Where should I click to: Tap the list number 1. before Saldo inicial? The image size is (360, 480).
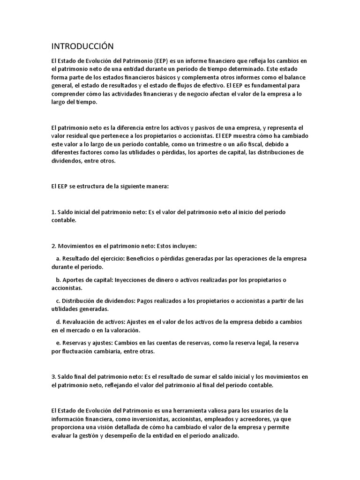pyautogui.click(x=53, y=212)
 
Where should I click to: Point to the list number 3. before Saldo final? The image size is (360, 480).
pyautogui.click(x=53, y=376)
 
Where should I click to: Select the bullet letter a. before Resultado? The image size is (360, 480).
pyautogui.click(x=58, y=258)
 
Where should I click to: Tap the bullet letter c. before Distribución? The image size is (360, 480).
pyautogui.click(x=58, y=300)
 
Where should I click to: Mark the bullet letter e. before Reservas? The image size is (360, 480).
pyautogui.click(x=58, y=343)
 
